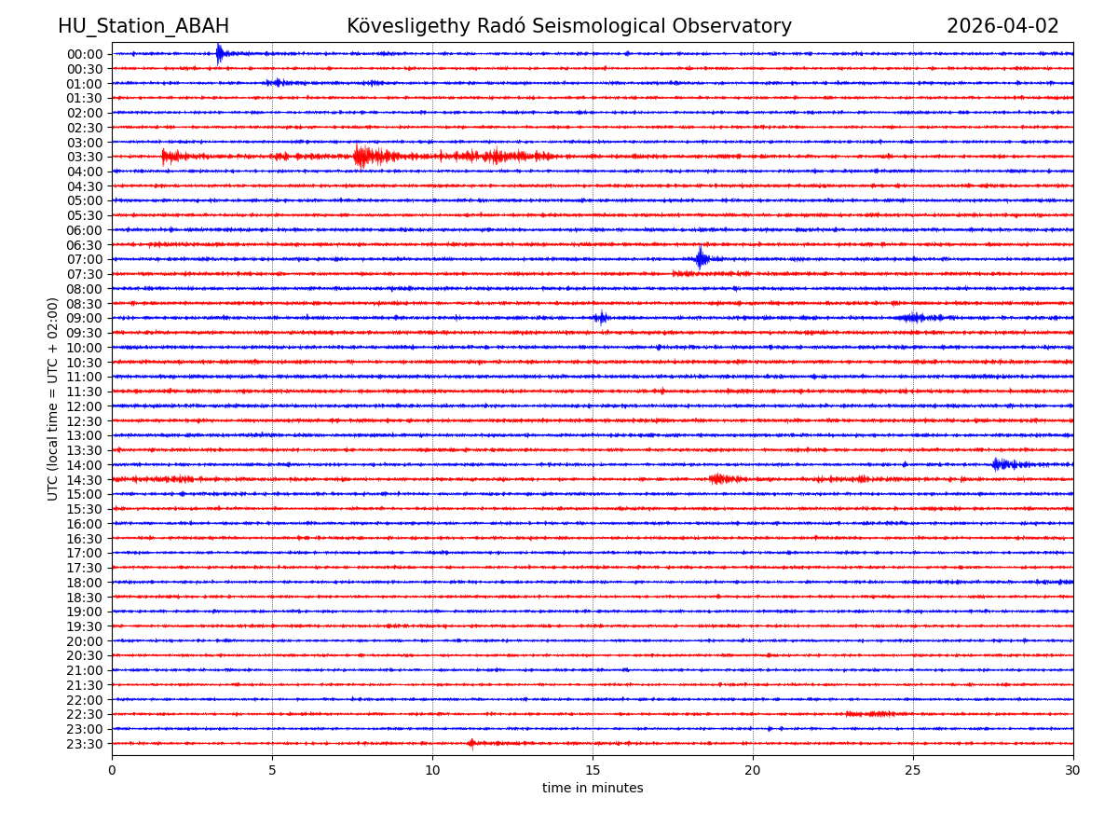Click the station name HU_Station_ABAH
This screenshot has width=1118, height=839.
[x=143, y=27]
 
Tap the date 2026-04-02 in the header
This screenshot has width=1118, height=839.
[x=1002, y=27]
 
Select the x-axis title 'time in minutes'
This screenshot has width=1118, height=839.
[x=593, y=789]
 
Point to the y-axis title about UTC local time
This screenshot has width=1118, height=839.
[x=54, y=399]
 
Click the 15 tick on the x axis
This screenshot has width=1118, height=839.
[x=593, y=771]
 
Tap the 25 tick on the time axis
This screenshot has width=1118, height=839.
[x=913, y=771]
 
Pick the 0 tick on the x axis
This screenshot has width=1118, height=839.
[x=112, y=771]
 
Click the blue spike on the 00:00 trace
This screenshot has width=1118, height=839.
[x=219, y=53]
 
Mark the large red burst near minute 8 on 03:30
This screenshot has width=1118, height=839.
[x=362, y=156]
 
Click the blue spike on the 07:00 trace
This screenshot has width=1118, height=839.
[x=701, y=258]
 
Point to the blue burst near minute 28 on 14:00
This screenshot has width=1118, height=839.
[x=999, y=464]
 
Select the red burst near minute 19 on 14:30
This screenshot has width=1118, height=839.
[x=717, y=479]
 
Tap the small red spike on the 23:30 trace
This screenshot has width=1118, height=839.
[x=471, y=743]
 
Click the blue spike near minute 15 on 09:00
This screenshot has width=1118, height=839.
[x=601, y=318]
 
